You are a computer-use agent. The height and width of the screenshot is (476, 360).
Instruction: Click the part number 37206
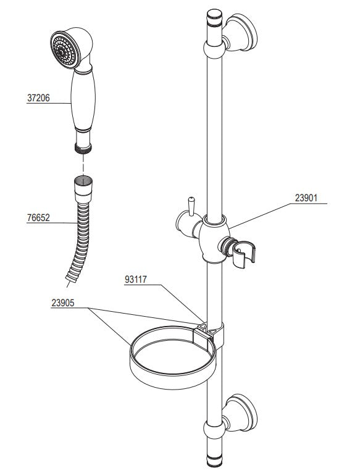point(38,98)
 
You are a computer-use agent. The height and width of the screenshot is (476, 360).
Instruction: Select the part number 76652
point(38,218)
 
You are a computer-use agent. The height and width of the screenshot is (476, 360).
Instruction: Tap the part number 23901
point(306,198)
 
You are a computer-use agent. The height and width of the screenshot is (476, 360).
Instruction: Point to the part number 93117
point(136,280)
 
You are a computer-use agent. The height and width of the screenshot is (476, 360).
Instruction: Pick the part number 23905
point(63,303)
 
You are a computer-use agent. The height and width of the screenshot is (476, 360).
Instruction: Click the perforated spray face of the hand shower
point(64,50)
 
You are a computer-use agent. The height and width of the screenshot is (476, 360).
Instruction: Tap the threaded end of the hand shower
point(83,148)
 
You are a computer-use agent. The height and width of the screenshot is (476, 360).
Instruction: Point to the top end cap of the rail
point(215,19)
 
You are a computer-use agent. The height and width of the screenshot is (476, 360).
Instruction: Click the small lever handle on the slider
point(191,207)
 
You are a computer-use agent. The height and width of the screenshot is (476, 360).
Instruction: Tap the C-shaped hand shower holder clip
point(244,254)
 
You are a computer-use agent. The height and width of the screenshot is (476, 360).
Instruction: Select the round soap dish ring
point(172,357)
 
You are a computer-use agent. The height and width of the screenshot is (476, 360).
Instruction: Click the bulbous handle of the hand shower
point(83,100)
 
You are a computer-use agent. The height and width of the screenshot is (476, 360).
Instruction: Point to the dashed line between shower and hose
point(83,164)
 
